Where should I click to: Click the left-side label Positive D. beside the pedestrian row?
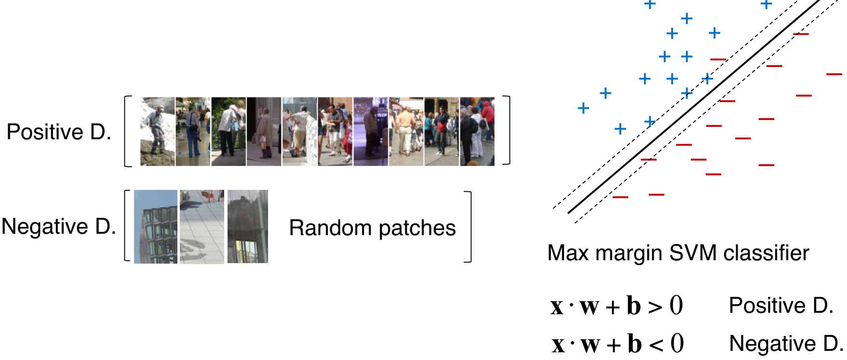[x=59, y=132]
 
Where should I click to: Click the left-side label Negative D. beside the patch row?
[x=59, y=226]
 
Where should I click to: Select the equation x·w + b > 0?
[x=617, y=306]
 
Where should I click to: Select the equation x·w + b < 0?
[x=618, y=344]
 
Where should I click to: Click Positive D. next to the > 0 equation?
[x=781, y=305]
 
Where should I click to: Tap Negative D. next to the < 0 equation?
[x=786, y=343]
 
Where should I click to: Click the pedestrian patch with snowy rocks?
[x=158, y=132]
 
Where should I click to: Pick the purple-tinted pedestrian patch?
[x=371, y=132]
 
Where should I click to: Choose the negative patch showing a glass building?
[x=156, y=227]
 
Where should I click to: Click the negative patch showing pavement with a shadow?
[x=202, y=227]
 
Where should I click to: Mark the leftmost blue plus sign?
[x=583, y=108]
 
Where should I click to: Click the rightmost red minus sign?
[x=834, y=74]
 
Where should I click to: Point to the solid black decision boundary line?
[x=694, y=106]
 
